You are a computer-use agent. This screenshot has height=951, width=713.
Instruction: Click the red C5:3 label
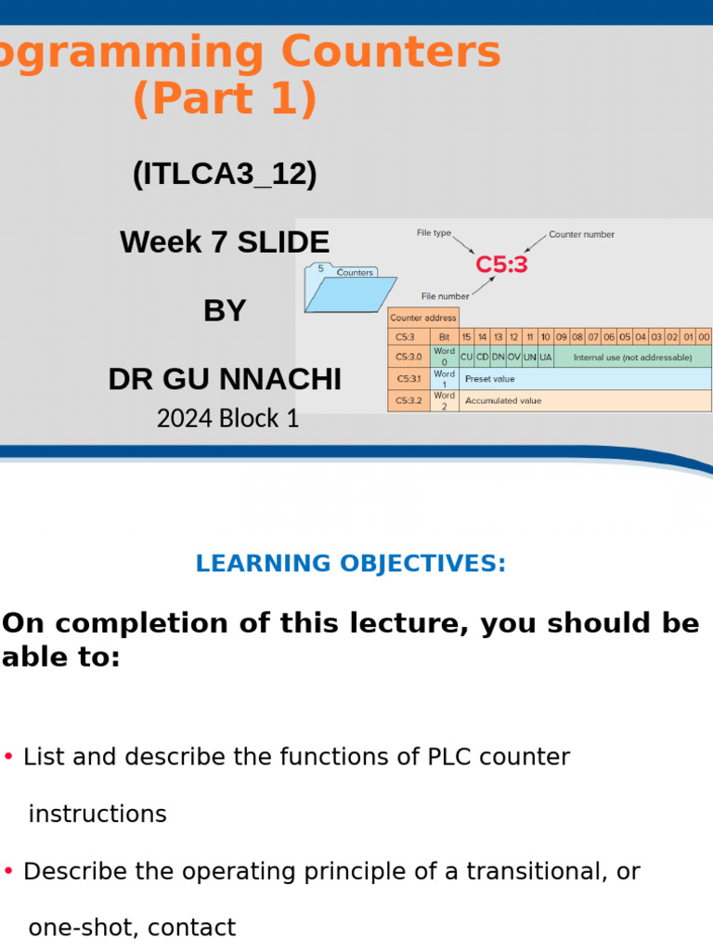[501, 265]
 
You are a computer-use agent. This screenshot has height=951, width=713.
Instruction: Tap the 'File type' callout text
[434, 233]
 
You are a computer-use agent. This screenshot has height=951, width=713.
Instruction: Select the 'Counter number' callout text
[581, 235]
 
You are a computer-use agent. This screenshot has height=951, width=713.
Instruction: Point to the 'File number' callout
[445, 296]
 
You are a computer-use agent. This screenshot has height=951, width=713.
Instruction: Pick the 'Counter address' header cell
[422, 318]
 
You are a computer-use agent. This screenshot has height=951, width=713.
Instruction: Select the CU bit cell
[466, 357]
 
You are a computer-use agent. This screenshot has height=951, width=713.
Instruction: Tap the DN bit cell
[498, 357]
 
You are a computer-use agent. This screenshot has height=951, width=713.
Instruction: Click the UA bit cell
[545, 357]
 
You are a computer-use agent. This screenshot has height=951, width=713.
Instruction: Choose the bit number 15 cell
[466, 337]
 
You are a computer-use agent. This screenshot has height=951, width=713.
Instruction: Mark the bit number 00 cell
[704, 337]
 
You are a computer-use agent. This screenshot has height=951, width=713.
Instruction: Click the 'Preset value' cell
[489, 379]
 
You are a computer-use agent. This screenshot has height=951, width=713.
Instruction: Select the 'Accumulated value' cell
[502, 401]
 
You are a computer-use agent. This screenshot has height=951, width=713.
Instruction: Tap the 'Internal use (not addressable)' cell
[632, 357]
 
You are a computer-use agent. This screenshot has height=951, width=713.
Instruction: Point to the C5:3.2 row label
[408, 401]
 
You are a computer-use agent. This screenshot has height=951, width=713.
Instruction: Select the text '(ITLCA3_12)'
[225, 174]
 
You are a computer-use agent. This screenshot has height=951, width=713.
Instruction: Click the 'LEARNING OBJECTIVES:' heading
[351, 564]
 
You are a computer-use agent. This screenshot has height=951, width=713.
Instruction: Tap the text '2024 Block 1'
[227, 419]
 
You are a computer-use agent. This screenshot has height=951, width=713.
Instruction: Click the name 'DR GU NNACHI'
[225, 379]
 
